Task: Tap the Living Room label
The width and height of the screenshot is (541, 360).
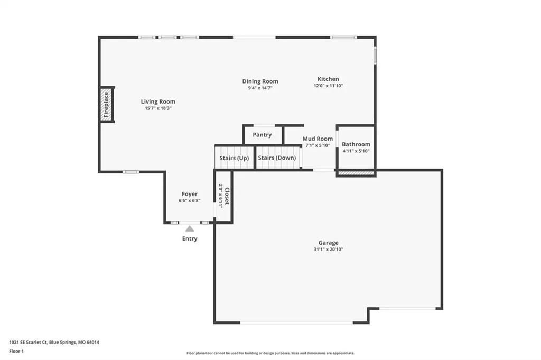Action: point(158,101)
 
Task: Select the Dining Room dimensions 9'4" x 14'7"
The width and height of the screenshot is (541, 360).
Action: point(260,88)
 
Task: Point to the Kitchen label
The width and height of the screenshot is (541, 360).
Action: point(328,79)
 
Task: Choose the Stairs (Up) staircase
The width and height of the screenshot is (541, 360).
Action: point(234,158)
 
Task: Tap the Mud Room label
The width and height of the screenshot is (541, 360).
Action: point(318,139)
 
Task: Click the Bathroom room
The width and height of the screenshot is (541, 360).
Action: point(356,147)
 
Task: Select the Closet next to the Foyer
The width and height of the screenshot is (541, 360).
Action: point(223,197)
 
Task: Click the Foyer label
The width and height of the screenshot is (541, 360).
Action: point(190,194)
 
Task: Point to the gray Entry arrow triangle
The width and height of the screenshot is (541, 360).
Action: point(190,228)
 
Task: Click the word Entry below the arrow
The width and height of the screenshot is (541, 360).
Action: point(190,238)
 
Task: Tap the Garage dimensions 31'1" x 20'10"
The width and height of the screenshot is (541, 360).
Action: point(328,249)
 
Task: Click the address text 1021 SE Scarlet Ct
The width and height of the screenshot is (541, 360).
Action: point(28,343)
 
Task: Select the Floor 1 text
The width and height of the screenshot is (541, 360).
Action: point(16,352)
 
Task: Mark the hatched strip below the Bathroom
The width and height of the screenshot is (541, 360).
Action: point(356,173)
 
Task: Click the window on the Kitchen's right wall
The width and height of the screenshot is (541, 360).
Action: point(376,55)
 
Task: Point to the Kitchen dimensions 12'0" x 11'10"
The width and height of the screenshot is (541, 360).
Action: point(328,86)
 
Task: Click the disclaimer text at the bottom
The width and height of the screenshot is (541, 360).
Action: point(270,353)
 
